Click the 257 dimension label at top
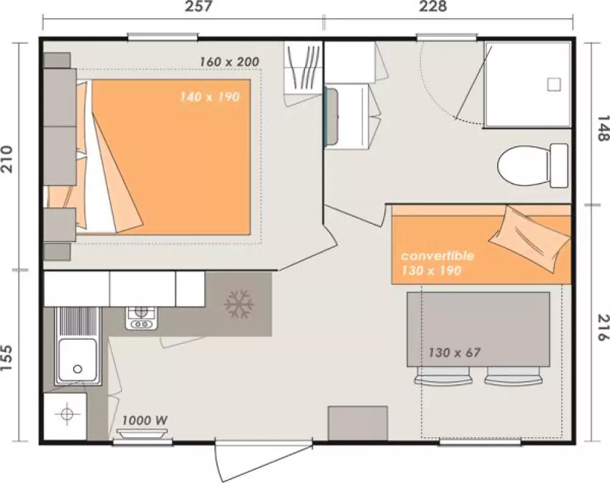pyautogui.click(x=198, y=6)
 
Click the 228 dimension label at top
pyautogui.click(x=432, y=6)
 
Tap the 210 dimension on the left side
pyautogui.click(x=8, y=159)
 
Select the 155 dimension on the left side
pyautogui.click(x=8, y=357)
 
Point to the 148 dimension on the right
pyautogui.click(x=603, y=128)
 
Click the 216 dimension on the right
pyautogui.click(x=603, y=327)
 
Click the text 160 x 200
pyautogui.click(x=229, y=62)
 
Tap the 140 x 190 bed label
pyautogui.click(x=209, y=96)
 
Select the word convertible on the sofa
pyautogui.click(x=437, y=256)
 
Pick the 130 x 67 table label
pyautogui.click(x=454, y=352)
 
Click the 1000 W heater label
pyautogui.click(x=145, y=420)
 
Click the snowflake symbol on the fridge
pyautogui.click(x=239, y=303)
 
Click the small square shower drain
pyautogui.click(x=554, y=84)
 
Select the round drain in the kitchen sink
pyautogui.click(x=78, y=369)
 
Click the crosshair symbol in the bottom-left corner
pyautogui.click(x=67, y=415)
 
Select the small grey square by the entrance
pyautogui.click(x=358, y=423)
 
